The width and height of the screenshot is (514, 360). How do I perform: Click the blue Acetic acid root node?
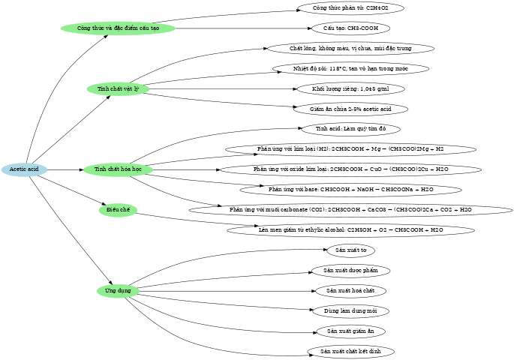click(x=24, y=169)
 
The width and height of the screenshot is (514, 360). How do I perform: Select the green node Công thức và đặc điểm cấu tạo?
click(x=119, y=28)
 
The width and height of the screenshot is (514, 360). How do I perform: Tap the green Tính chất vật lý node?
click(x=119, y=89)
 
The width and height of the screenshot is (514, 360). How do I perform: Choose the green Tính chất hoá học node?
click(x=119, y=169)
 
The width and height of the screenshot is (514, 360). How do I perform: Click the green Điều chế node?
click(x=119, y=210)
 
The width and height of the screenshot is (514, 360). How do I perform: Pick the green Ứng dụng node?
click(x=119, y=290)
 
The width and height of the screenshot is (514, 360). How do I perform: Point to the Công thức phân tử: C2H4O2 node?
click(x=350, y=8)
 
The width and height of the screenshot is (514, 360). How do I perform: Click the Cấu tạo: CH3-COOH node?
click(x=350, y=28)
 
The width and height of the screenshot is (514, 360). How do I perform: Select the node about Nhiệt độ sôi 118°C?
click(x=350, y=69)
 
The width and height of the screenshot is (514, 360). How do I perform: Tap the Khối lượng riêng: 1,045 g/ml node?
click(x=350, y=89)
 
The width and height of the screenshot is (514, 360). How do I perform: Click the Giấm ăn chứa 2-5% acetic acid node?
click(x=350, y=109)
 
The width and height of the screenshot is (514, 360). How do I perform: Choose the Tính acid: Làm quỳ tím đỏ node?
click(x=350, y=129)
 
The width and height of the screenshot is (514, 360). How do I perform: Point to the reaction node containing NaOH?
click(x=350, y=190)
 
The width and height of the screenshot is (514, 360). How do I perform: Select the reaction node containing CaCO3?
click(x=350, y=209)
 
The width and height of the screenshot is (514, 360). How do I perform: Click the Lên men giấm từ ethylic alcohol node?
click(x=350, y=229)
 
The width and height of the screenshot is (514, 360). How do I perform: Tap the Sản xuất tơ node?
click(x=350, y=250)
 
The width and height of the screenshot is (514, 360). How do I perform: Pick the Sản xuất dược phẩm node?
click(x=350, y=270)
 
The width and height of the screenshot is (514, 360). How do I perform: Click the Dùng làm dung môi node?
click(x=350, y=310)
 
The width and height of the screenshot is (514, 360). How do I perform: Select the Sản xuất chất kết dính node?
click(x=350, y=350)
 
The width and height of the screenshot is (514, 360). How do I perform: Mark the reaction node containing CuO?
click(x=350, y=169)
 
